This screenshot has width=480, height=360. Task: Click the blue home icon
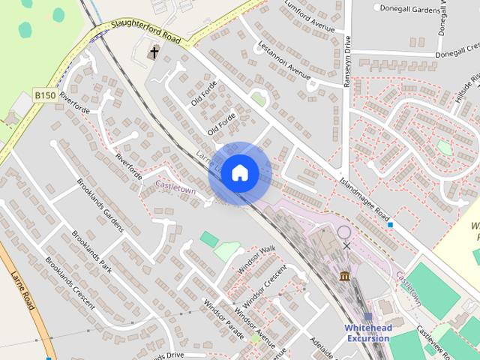pos(239,173)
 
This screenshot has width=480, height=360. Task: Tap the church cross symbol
pos(154,52)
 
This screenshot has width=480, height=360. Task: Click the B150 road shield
pos(44,96)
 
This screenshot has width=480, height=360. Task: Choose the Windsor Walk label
pos(256,259)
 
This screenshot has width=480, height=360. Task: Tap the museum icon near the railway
pos(344,277)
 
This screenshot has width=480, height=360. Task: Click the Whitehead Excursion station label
pos(367,333)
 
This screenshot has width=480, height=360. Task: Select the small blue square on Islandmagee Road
pos(390,223)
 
